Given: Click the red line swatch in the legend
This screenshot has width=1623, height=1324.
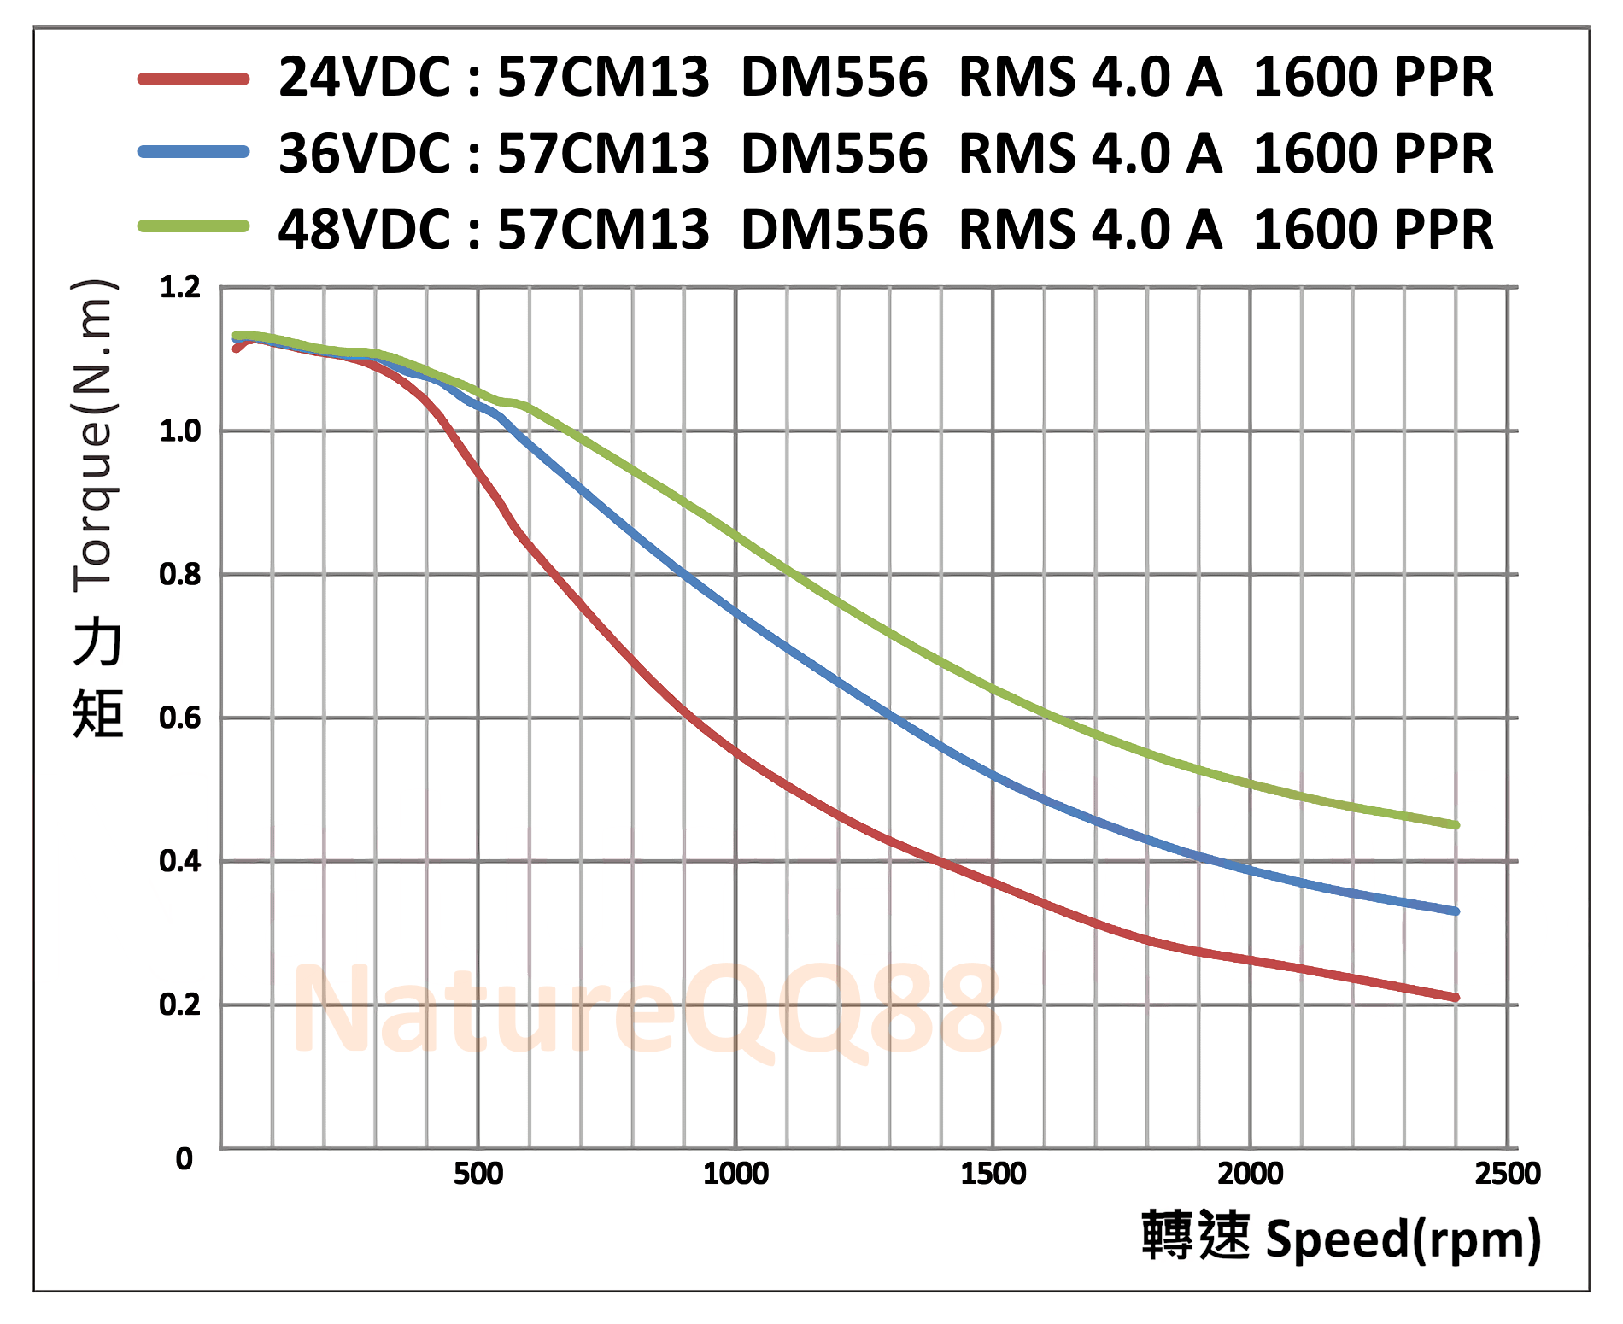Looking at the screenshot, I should click(x=194, y=79).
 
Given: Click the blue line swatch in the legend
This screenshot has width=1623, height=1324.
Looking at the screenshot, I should click(x=194, y=153).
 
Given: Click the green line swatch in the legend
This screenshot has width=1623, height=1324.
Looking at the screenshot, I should click(x=194, y=226).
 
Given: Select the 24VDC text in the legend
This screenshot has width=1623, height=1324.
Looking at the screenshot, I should click(x=365, y=78).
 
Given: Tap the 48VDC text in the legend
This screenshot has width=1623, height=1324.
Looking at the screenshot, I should click(x=365, y=230).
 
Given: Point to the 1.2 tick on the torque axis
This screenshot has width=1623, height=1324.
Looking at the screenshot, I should click(x=180, y=288).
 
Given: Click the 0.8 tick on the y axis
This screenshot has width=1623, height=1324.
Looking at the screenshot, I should click(x=180, y=575).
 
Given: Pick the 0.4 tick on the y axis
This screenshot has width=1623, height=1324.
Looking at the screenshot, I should click(x=180, y=861).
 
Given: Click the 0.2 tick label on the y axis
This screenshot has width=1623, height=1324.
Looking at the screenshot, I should click(x=180, y=1005).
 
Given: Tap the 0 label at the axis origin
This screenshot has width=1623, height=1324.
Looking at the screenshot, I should click(x=185, y=1159).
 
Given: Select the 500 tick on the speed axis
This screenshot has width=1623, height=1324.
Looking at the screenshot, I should click(x=478, y=1174).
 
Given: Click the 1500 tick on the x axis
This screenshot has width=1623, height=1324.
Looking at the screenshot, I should click(x=993, y=1174).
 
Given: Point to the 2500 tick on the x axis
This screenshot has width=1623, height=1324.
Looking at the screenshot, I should click(x=1508, y=1174).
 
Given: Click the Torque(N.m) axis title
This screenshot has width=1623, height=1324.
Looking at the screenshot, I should click(x=95, y=436).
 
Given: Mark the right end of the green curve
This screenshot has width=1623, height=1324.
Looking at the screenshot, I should click(x=1456, y=825).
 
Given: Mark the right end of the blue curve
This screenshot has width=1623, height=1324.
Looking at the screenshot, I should click(x=1456, y=911).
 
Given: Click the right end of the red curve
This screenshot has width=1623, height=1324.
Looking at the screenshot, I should click(x=1456, y=998).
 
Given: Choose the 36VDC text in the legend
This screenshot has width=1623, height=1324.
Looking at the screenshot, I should click(x=365, y=154).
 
